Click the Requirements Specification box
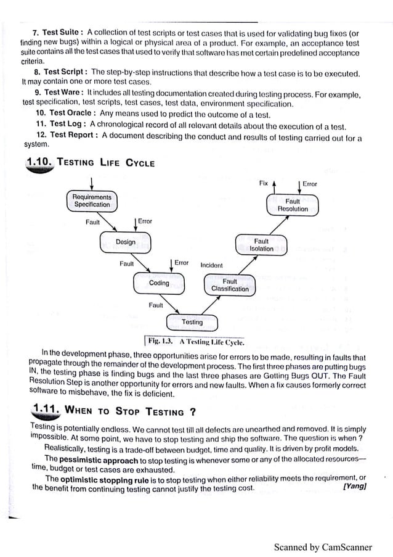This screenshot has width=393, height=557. pyautogui.click(x=92, y=200)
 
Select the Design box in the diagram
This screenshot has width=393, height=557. pyautogui.click(x=126, y=242)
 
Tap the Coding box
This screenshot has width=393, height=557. pyautogui.click(x=159, y=283)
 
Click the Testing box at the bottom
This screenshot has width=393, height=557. pyautogui.click(x=192, y=322)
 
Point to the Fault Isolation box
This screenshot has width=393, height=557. pyautogui.click(x=261, y=245)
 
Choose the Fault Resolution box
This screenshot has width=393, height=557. pyautogui.click(x=293, y=205)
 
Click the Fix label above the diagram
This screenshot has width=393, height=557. pyautogui.click(x=263, y=183)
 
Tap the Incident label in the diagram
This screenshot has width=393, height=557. pyautogui.click(x=211, y=265)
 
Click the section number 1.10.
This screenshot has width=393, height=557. pyautogui.click(x=41, y=162)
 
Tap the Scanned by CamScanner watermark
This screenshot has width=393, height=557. pyautogui.click(x=323, y=547)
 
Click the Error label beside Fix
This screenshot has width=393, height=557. pyautogui.click(x=310, y=183)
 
